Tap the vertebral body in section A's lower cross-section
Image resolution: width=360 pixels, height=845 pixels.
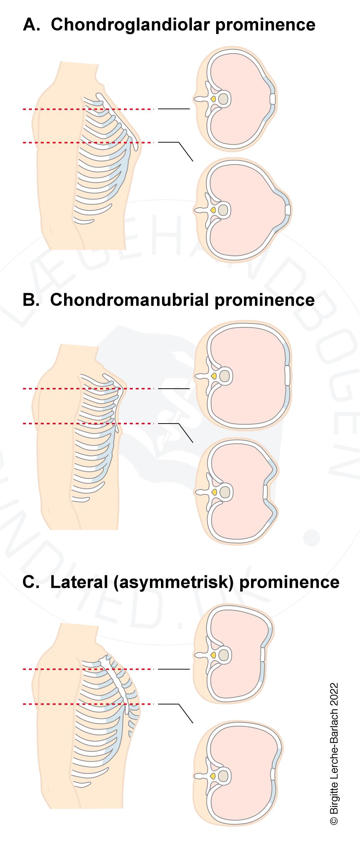click(x=224, y=211)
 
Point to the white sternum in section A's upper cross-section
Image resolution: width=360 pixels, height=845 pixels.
click(x=273, y=99)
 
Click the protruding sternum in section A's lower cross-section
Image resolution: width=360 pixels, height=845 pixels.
click(x=287, y=210)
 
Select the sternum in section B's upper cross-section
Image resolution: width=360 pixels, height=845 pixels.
click(x=287, y=375)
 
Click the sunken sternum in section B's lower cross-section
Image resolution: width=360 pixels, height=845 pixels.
click(x=265, y=492)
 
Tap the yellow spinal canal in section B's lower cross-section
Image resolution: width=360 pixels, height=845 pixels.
click(x=213, y=492)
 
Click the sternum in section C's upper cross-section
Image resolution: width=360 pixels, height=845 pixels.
click(x=262, y=655)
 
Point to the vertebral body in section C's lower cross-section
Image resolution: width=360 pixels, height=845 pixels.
click(x=224, y=776)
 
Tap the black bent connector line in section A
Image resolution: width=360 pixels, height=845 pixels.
click(x=183, y=150)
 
